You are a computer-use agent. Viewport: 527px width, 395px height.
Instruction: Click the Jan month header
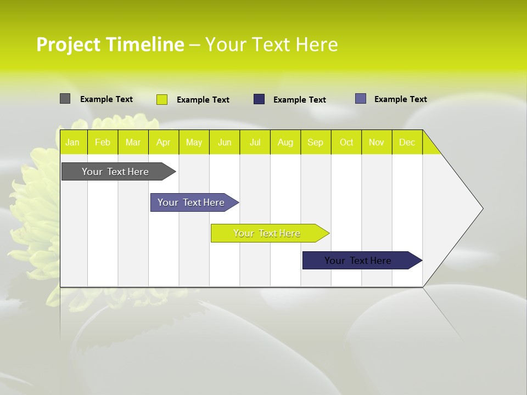point(72,143)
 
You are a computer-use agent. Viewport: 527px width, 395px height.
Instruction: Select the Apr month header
point(163,143)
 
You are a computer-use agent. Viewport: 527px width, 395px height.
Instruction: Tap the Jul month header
point(255,143)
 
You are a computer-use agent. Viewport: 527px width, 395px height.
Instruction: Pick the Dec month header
point(407,143)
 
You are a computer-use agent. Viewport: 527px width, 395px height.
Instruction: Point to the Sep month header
point(315,143)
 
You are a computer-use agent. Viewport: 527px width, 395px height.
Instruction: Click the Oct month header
point(346,143)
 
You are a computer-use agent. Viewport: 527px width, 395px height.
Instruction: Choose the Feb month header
point(103,143)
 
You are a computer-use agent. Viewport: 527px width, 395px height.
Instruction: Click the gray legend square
point(65,99)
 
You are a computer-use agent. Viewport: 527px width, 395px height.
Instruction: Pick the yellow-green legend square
point(162,99)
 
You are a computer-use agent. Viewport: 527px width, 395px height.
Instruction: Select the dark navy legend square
point(259,99)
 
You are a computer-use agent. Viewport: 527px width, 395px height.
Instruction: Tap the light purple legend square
point(361,99)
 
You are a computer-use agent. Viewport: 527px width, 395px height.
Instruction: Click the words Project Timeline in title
point(110,44)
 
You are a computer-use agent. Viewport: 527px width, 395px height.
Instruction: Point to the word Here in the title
point(317,44)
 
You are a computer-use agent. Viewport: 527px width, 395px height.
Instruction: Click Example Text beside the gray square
point(106,99)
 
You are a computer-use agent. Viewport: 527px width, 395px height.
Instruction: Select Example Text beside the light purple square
point(401,99)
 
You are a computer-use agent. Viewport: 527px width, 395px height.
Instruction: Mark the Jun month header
point(225,143)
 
